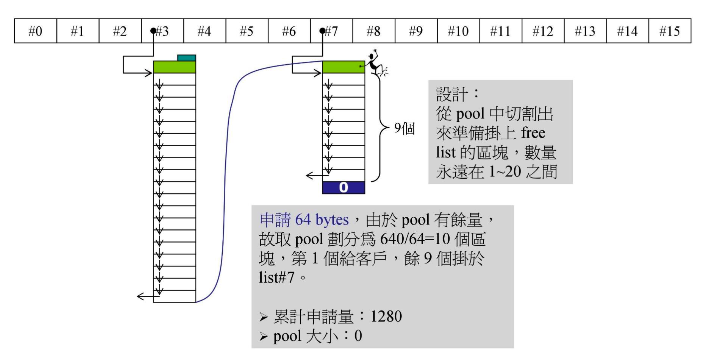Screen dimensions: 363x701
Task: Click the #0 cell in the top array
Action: coord(36,31)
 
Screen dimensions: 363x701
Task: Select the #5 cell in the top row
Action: coord(247,31)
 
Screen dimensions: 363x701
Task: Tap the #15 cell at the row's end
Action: coord(669,31)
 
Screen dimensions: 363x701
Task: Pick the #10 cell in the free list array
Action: coord(458,31)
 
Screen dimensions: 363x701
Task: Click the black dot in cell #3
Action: coord(153,31)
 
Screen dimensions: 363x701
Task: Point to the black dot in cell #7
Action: coord(322,31)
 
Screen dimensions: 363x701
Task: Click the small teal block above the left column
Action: coord(187,58)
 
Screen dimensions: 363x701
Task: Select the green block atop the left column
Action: coord(174,67)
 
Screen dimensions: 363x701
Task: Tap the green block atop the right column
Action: coord(343,67)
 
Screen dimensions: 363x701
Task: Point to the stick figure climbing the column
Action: coord(376,63)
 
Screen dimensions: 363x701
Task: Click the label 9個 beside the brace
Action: coord(404,128)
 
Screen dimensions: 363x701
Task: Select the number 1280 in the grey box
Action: coord(386,316)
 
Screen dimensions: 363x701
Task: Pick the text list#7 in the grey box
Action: coord(277,277)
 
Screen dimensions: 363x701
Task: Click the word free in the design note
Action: coord(533,133)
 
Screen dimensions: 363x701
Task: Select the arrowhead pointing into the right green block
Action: coord(318,73)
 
